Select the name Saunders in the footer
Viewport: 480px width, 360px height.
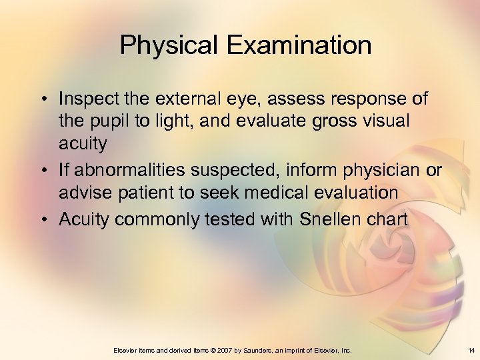257,350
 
